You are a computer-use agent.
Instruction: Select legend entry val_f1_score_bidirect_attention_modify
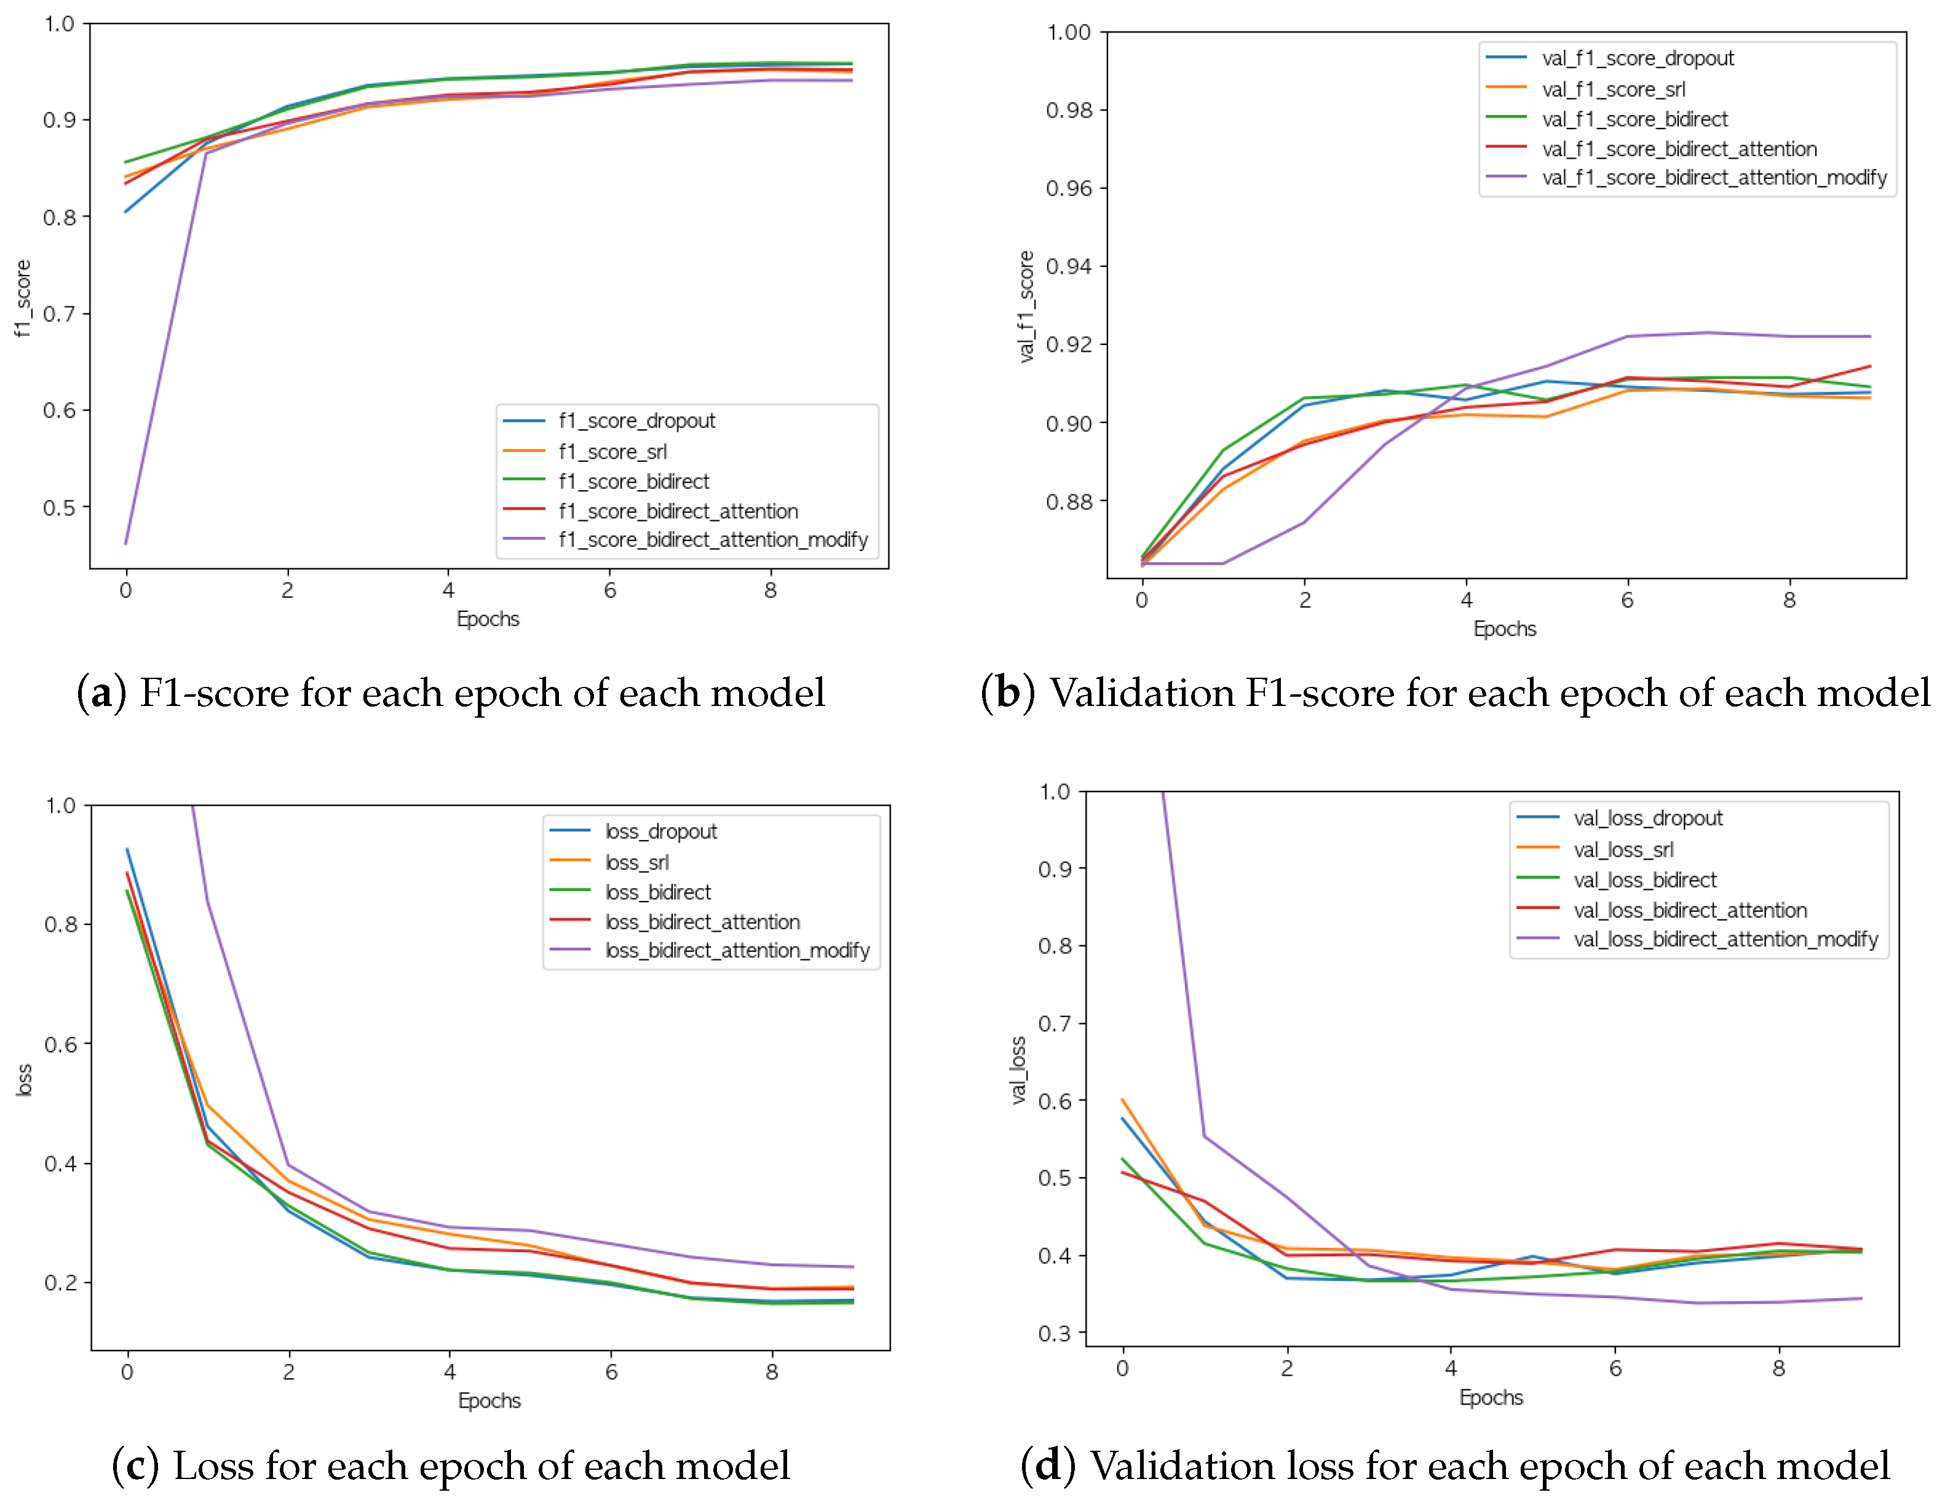point(1713,178)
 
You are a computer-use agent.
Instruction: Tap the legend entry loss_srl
point(636,862)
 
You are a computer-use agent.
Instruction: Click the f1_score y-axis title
point(22,298)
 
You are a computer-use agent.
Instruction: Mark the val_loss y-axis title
point(1018,1070)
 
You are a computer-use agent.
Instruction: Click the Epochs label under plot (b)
point(1504,629)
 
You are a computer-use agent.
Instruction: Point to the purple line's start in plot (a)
point(125,542)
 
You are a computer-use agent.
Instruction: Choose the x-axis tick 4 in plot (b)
point(1466,600)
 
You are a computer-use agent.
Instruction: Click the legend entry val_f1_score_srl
point(1613,89)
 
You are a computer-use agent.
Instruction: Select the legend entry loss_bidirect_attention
point(702,922)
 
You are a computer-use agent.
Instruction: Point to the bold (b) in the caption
point(1007,692)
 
